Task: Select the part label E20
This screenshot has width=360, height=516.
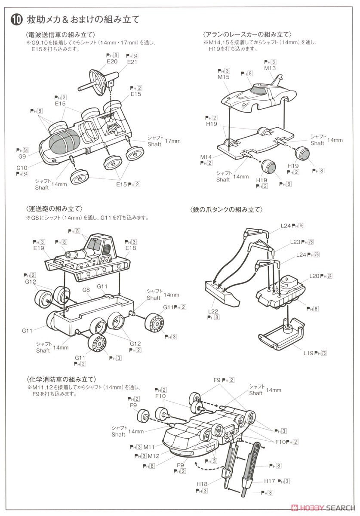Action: click(x=112, y=61)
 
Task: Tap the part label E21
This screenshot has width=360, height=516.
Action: click(x=132, y=61)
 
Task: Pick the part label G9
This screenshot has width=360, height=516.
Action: click(x=22, y=157)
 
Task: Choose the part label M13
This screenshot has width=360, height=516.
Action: click(x=270, y=68)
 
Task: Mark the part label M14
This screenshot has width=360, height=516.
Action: click(x=206, y=157)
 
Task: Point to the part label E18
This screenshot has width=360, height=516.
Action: click(x=131, y=248)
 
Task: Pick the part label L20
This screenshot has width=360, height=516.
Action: click(x=315, y=275)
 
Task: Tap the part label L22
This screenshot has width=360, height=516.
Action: click(x=213, y=311)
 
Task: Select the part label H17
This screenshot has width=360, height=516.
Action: click(x=270, y=481)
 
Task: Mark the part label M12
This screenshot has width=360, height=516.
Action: click(x=154, y=456)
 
